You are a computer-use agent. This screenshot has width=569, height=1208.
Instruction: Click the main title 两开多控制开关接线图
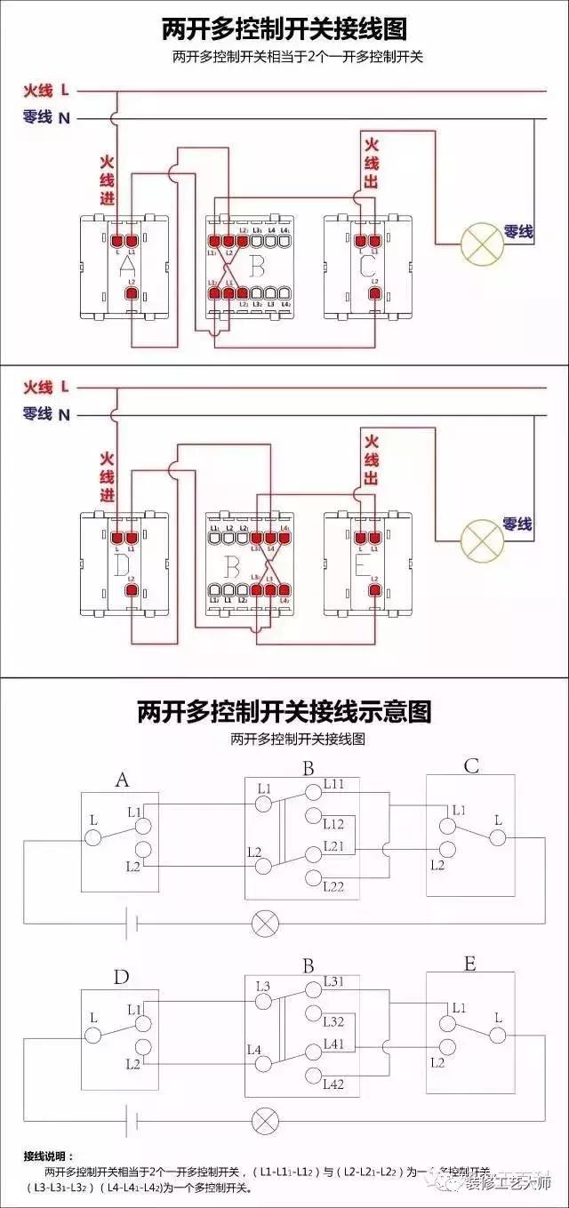pos(284,28)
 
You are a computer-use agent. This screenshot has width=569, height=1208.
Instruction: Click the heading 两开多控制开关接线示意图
pos(284,711)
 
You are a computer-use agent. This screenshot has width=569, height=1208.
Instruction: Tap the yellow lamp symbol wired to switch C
pos(480,243)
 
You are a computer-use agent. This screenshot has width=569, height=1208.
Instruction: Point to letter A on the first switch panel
pos(126,264)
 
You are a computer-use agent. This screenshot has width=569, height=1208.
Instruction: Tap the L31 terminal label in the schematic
pos(334,981)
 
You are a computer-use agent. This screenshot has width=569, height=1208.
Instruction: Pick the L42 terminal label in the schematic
pos(334,1084)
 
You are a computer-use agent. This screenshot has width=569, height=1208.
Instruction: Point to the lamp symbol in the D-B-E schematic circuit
pos(264,1118)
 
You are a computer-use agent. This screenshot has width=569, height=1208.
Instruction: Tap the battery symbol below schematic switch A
pos(131,922)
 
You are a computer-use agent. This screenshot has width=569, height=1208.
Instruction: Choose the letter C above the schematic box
pos(471,766)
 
